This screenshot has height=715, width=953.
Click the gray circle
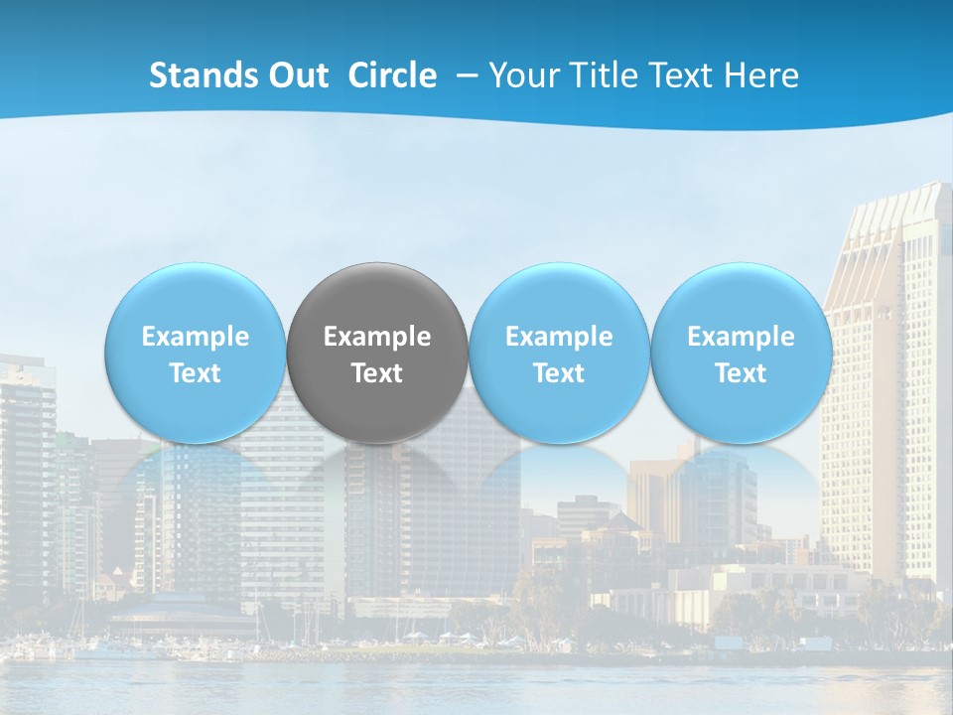click(x=377, y=353)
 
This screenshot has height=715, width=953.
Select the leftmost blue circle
click(x=195, y=353)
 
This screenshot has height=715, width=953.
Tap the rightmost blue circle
click(x=741, y=353)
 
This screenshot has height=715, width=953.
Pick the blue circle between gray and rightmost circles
click(x=559, y=353)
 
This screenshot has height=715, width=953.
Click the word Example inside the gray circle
click(x=377, y=337)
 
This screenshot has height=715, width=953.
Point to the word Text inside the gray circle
click(x=377, y=373)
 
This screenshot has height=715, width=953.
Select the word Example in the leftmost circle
click(x=195, y=337)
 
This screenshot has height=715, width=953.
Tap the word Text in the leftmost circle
click(x=195, y=373)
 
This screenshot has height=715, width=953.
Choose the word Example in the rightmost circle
click(x=741, y=337)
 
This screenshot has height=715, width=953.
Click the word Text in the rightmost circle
click(x=741, y=373)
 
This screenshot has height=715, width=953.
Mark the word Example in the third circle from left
click(x=559, y=337)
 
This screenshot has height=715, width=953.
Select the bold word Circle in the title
click(x=392, y=75)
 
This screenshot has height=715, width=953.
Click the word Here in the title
click(x=764, y=75)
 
